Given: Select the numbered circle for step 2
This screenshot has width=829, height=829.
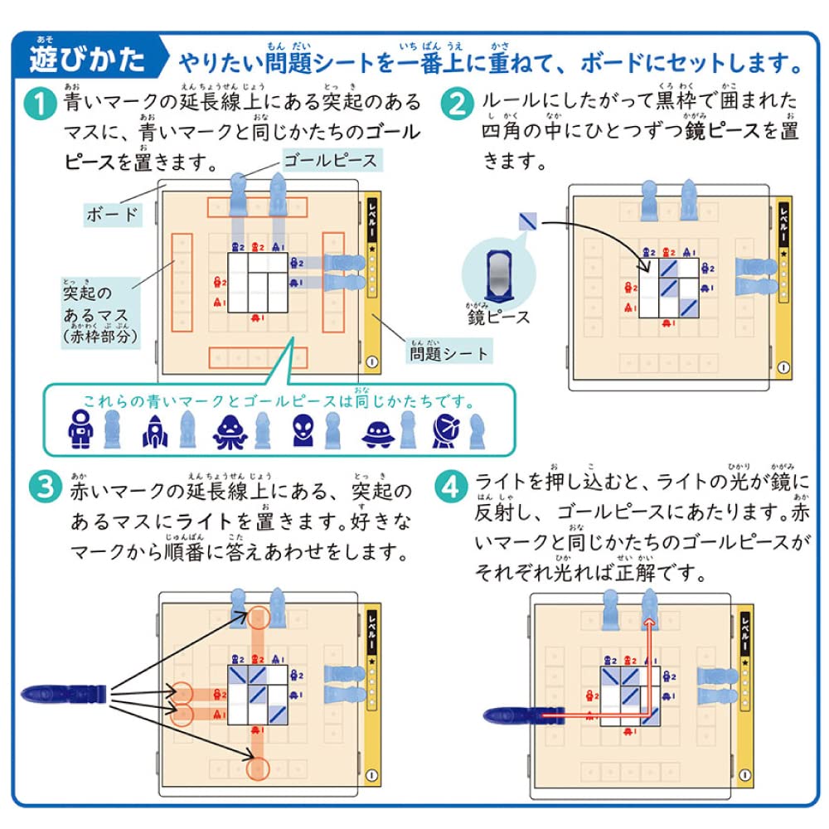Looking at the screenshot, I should pyautogui.click(x=456, y=105).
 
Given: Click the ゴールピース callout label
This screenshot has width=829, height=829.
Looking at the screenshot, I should pyautogui.click(x=330, y=159).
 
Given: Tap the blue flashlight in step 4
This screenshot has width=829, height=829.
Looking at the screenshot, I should pyautogui.click(x=517, y=712).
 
